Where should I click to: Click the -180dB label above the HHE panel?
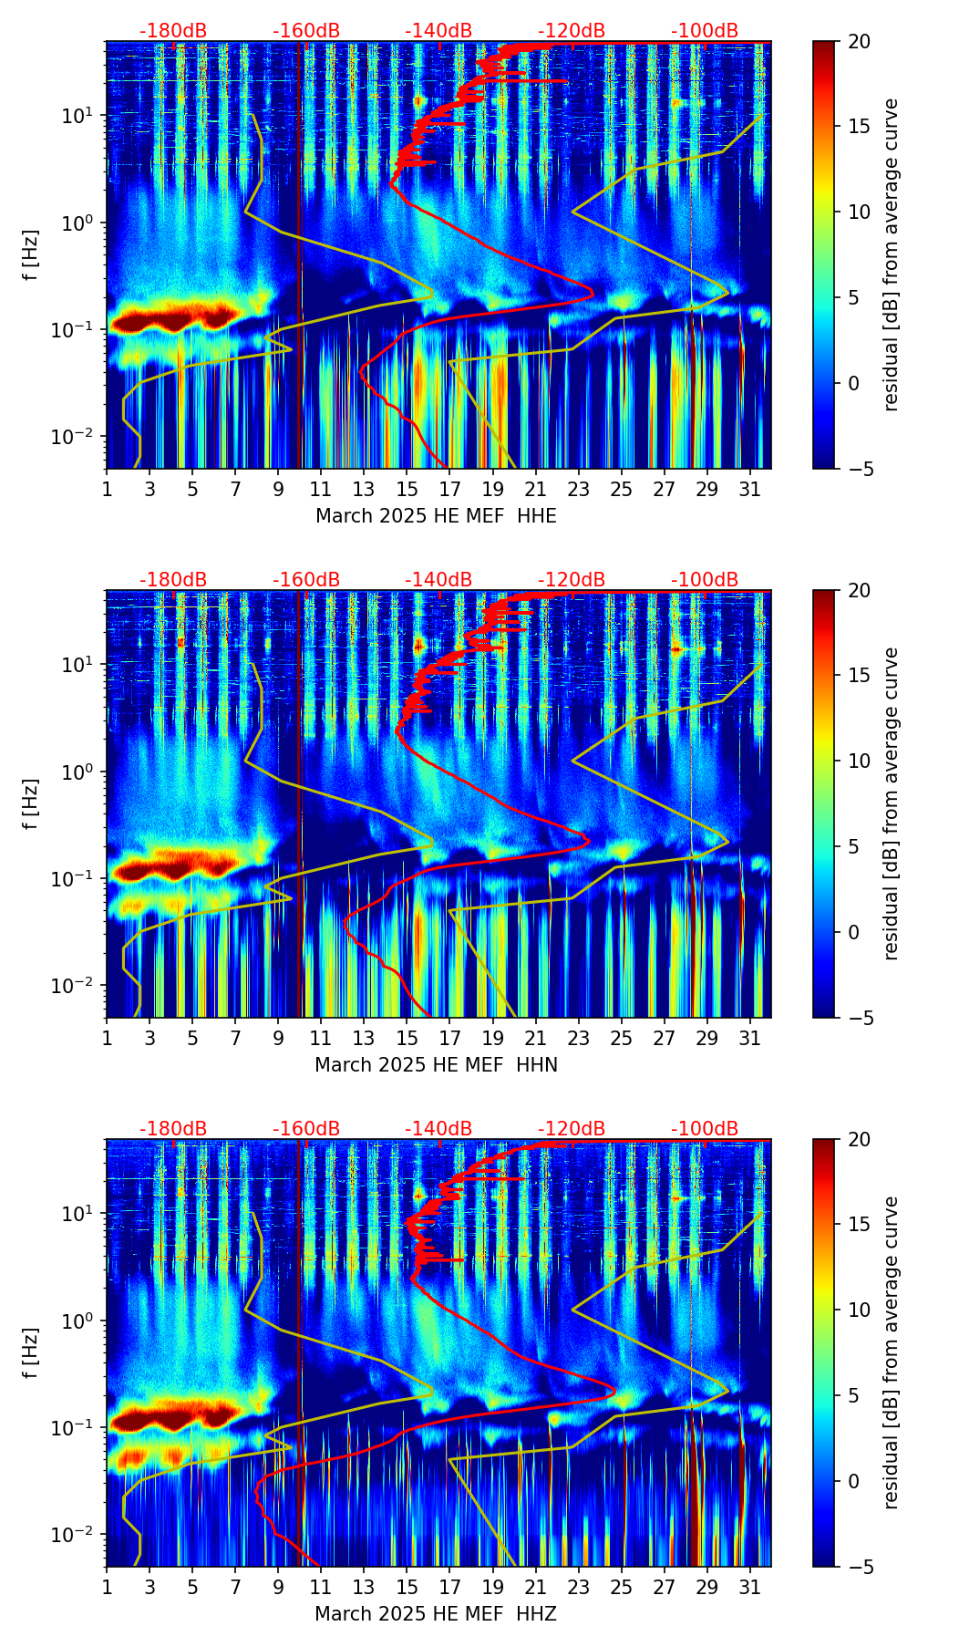[x=173, y=31]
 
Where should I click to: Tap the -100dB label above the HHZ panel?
[x=705, y=1129]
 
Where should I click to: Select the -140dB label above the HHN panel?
[x=438, y=580]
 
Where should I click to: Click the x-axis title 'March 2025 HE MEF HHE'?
[x=436, y=516]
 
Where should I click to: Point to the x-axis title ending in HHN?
[x=436, y=1065]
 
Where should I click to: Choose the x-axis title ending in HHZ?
[x=436, y=1614]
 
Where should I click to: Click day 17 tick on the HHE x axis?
[x=449, y=489]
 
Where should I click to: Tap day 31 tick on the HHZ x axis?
[x=749, y=1587]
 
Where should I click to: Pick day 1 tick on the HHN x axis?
[x=107, y=1038]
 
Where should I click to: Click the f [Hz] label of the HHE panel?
[x=31, y=254]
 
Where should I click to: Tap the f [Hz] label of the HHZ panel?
[x=31, y=1352]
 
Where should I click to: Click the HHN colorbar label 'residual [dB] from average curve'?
[x=891, y=803]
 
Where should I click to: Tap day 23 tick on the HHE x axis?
[x=578, y=489]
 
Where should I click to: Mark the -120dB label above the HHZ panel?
[x=572, y=1129]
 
